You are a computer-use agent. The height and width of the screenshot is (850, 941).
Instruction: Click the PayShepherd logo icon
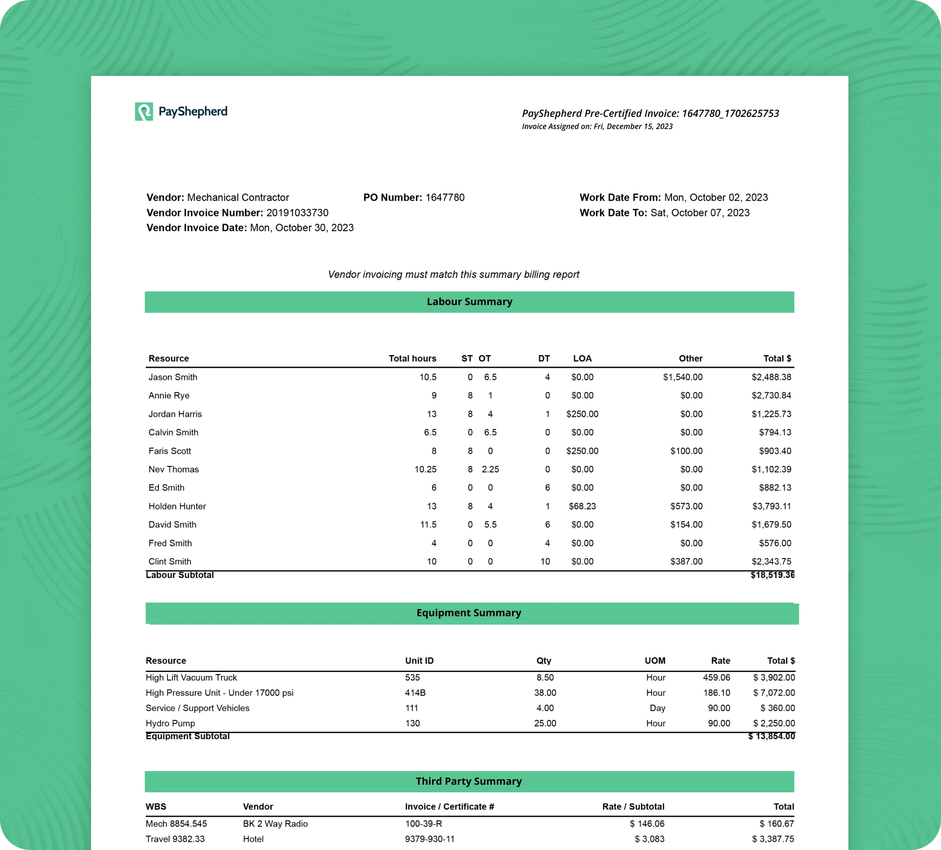tap(144, 112)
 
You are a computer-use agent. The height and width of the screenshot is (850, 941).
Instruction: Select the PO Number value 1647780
tap(445, 198)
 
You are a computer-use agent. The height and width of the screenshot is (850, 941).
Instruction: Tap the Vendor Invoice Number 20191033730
tap(297, 213)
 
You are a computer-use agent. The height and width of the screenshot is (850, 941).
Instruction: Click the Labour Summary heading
tap(469, 302)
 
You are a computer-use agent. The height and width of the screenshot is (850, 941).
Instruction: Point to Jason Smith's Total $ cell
tap(771, 377)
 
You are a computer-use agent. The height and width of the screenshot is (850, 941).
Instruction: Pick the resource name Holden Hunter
tap(177, 506)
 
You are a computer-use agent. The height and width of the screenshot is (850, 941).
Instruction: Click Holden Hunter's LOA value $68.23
tap(582, 506)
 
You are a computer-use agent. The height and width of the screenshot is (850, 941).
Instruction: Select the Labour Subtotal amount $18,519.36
tap(772, 575)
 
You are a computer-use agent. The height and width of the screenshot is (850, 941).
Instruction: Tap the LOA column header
tap(582, 359)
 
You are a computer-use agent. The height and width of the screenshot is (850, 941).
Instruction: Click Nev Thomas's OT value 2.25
tap(490, 470)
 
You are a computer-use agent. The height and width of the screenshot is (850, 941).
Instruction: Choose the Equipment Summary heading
tap(469, 613)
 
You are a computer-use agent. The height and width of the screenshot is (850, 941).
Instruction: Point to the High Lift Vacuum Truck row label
tap(191, 678)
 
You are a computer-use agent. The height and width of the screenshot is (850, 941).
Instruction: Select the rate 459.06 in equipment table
tap(716, 678)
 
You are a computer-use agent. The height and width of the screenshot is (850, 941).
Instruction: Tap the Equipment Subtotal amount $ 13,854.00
tap(772, 737)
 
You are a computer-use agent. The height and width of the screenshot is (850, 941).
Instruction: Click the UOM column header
tap(655, 661)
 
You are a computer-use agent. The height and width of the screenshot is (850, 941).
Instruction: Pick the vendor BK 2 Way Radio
tap(275, 824)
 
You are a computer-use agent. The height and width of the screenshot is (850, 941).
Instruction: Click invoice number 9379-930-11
tap(430, 839)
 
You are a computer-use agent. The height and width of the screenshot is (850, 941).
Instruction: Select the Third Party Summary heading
tap(469, 782)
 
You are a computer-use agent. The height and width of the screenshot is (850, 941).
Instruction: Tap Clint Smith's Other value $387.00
tap(686, 562)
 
